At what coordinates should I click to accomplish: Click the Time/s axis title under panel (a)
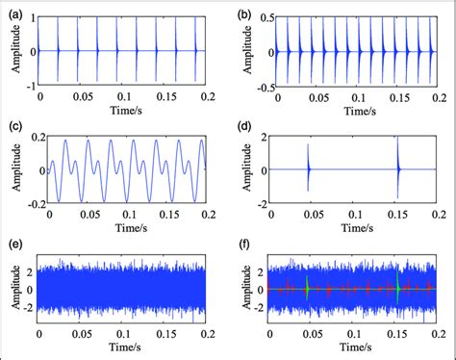coord(122,110)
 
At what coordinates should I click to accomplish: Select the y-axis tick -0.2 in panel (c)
coord(26,204)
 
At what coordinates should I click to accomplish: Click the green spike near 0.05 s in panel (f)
coord(308,287)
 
